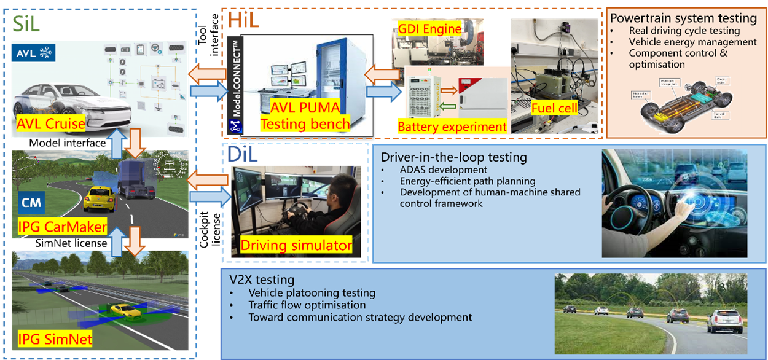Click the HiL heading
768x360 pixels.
point(243,20)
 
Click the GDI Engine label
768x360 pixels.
point(429,28)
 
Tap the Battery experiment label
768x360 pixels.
point(452,127)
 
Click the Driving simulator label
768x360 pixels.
point(296,246)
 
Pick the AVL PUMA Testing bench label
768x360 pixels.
point(305,115)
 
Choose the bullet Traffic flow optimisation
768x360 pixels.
point(307,305)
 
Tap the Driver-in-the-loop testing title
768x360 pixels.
point(453,157)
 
